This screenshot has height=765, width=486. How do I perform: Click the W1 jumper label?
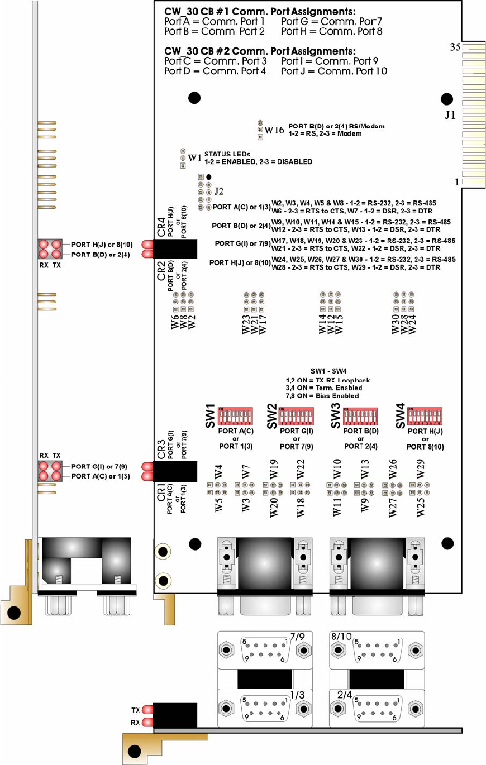(x=194, y=158)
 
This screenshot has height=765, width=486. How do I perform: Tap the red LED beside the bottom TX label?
(x=148, y=710)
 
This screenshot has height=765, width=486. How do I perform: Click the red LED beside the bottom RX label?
(x=148, y=722)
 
